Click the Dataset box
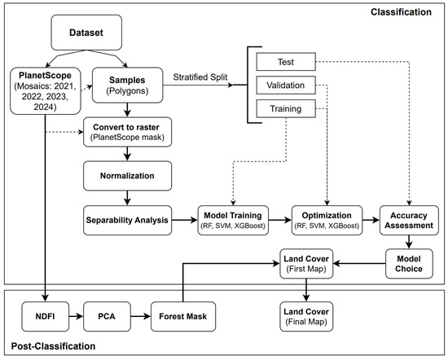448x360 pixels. [x=86, y=33]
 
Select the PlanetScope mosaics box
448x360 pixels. [x=46, y=91]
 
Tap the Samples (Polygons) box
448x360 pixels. [x=127, y=86]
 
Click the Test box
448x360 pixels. [x=286, y=62]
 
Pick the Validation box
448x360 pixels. [x=286, y=86]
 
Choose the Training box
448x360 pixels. [x=286, y=108]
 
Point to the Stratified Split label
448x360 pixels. [x=200, y=77]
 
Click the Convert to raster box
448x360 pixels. [x=127, y=132]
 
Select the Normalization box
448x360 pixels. [x=127, y=176]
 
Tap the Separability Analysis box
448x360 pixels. [x=127, y=220]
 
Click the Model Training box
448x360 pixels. [x=233, y=220]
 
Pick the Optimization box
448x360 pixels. [x=327, y=220]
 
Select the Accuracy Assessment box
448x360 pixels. [x=409, y=220]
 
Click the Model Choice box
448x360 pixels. [x=409, y=264]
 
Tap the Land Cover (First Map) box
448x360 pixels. [x=306, y=264]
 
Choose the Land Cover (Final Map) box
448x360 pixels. [x=306, y=317]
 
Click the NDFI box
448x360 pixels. [x=46, y=317]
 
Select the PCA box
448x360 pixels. [x=107, y=317]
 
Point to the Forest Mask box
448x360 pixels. [x=183, y=317]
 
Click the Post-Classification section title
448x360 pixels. [x=53, y=346]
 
